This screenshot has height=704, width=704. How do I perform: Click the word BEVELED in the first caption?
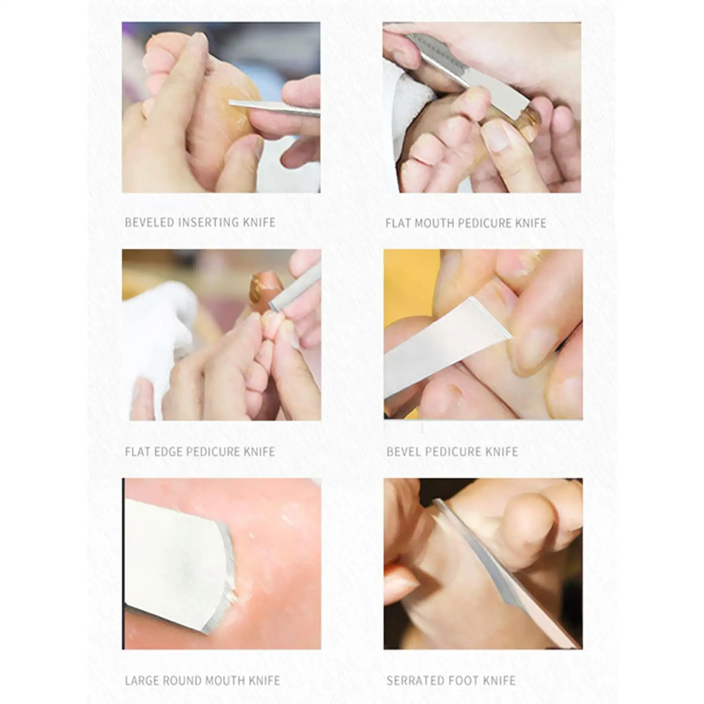[x=150, y=223]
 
